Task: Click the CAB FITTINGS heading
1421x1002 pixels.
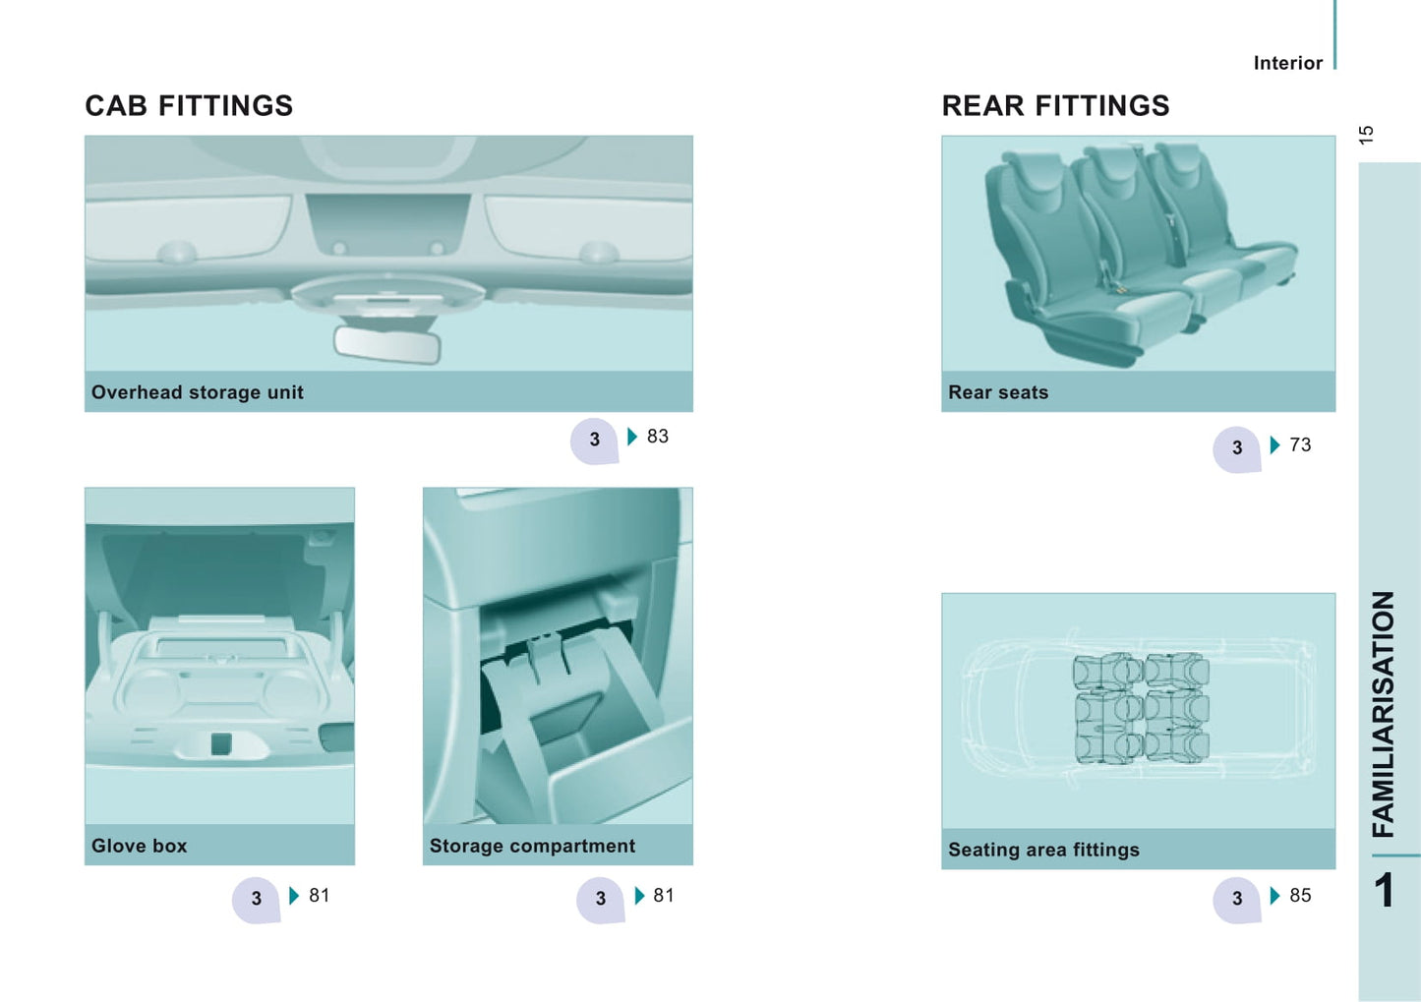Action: click(189, 106)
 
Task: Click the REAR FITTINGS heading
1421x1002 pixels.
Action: click(1055, 106)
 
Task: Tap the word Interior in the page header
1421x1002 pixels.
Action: click(1288, 63)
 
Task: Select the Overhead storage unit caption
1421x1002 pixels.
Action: click(198, 392)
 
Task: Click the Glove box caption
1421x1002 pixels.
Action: click(139, 846)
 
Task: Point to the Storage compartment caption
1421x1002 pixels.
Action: click(532, 846)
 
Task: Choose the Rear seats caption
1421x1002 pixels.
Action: click(998, 392)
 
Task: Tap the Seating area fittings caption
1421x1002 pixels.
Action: click(1043, 850)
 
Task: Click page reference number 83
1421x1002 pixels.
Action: click(658, 437)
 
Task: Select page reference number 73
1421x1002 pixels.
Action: click(1300, 444)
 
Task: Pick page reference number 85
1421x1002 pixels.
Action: click(1300, 895)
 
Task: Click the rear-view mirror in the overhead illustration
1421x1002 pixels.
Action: click(387, 344)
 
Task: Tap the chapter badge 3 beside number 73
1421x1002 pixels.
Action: click(1237, 449)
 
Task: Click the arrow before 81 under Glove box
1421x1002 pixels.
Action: click(294, 896)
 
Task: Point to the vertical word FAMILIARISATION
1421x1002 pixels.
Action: click(1383, 714)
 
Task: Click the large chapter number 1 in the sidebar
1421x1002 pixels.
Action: click(1385, 889)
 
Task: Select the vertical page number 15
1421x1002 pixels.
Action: click(1366, 135)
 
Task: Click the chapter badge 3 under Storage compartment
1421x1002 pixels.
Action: click(600, 900)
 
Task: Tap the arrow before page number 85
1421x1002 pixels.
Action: click(1275, 896)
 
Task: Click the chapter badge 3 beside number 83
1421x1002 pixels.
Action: click(594, 441)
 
